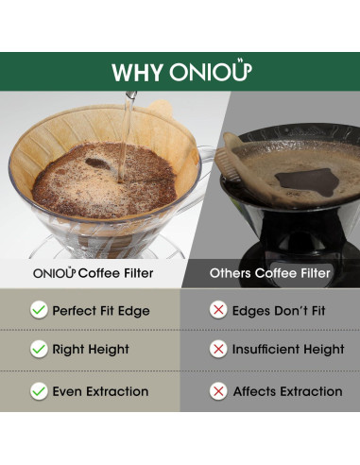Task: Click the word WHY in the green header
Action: coord(138,73)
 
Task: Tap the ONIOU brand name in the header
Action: coord(210,72)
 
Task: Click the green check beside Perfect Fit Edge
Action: coord(39,310)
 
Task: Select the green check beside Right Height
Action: coord(39,350)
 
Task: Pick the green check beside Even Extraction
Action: coord(39,390)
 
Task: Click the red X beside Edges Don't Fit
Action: coord(218,310)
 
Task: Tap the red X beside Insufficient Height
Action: coord(218,350)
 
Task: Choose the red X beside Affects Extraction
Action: coord(218,390)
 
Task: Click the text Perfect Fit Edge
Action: coord(101,310)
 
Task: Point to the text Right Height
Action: coord(91,350)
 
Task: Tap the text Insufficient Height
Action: coord(288,350)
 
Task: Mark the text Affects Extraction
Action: coord(288,390)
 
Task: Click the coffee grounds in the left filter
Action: coord(104,184)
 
